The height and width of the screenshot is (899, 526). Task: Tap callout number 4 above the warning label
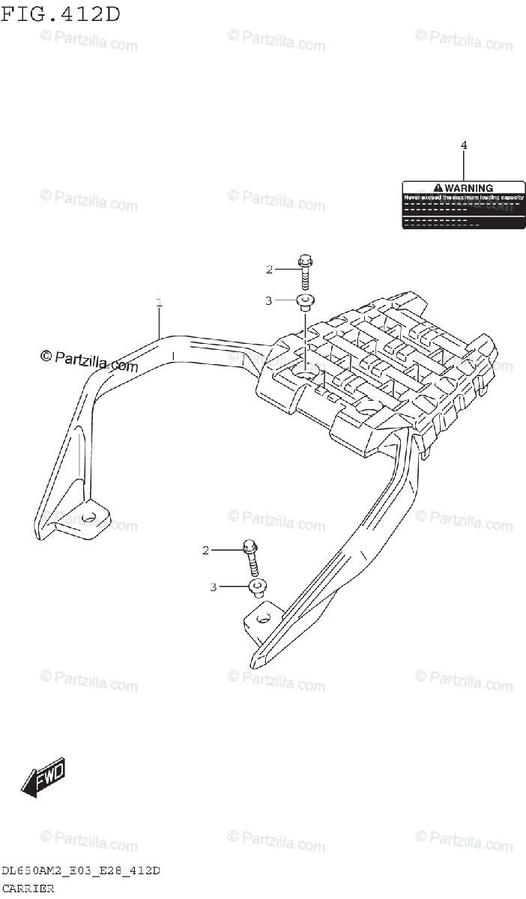464,145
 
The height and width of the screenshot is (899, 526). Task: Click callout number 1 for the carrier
159,303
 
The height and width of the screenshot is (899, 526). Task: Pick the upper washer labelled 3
304,303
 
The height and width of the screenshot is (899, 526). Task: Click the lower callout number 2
205,551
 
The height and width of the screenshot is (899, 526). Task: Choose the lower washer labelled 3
256,587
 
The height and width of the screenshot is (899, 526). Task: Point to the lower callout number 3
213,587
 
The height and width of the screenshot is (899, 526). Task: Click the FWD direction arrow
43,776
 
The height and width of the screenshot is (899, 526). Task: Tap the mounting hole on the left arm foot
88,517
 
